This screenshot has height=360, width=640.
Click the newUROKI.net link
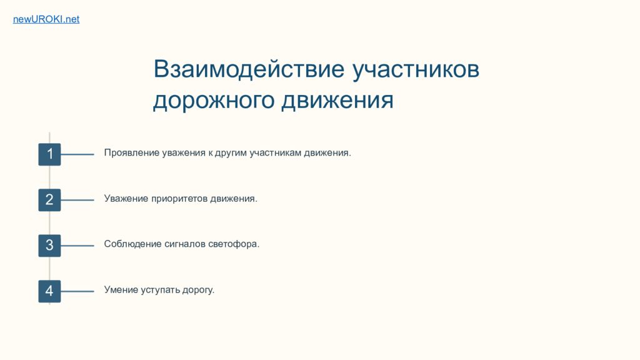[x=46, y=19]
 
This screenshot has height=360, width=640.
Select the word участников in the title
[x=416, y=69]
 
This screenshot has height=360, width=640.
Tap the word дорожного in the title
[x=212, y=100]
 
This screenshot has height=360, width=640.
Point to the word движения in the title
[x=337, y=101]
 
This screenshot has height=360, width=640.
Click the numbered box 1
[x=49, y=154]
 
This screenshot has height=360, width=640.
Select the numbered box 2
[x=49, y=200]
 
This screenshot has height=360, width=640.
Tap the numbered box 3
[x=49, y=246]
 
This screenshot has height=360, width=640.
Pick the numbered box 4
[x=49, y=291]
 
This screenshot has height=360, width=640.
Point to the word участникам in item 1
[x=276, y=152]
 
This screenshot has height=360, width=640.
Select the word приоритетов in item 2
[x=179, y=199]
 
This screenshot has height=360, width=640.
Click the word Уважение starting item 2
[x=126, y=199]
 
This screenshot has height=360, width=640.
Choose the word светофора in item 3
[x=234, y=244]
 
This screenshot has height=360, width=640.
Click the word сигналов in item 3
[x=185, y=244]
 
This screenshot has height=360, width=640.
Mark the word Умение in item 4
[x=121, y=290]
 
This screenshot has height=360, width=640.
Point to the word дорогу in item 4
[x=198, y=290]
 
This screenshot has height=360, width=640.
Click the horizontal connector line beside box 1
[x=77, y=154]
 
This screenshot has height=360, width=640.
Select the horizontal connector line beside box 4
[x=77, y=291]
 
